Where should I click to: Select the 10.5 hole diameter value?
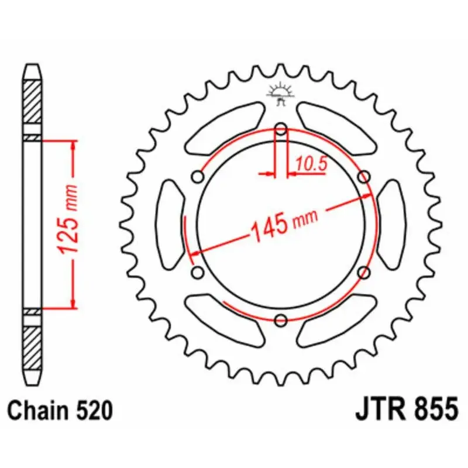click(312, 164)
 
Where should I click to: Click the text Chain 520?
click(60, 411)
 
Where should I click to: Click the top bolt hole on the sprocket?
click(281, 129)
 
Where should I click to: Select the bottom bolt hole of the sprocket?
click(281, 320)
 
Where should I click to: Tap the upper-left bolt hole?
click(198, 177)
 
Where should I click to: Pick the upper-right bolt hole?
click(364, 177)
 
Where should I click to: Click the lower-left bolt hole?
click(198, 273)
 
